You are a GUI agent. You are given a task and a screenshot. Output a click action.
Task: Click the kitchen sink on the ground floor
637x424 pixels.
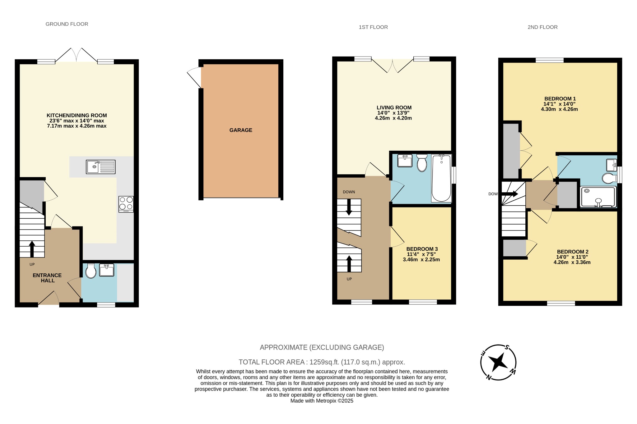click(100, 167)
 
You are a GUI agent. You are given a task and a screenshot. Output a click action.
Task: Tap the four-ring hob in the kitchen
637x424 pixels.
click(126, 204)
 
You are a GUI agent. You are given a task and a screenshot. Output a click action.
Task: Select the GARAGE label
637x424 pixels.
click(241, 130)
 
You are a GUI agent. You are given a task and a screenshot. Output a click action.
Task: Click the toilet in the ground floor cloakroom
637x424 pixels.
click(91, 271)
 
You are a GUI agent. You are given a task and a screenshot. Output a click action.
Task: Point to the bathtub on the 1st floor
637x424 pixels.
click(441, 178)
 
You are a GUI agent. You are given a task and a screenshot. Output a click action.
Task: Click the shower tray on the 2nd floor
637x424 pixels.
click(598, 197)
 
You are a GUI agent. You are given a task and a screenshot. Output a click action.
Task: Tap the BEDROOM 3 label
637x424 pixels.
click(422, 249)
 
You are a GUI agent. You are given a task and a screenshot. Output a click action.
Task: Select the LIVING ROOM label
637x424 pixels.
click(394, 107)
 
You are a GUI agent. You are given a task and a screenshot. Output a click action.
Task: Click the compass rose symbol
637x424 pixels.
click(498, 362)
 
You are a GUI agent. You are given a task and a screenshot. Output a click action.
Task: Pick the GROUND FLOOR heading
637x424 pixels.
click(67, 24)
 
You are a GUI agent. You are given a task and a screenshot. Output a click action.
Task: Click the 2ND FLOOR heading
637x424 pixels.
click(542, 27)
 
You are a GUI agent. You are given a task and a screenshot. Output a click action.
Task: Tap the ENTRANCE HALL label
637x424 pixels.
click(47, 278)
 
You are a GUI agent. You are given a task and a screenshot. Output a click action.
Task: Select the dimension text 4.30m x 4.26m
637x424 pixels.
click(559, 109)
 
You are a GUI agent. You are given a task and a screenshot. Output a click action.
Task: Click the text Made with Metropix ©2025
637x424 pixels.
click(322, 401)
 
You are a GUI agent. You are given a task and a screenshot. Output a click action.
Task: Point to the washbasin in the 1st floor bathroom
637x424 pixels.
click(405, 161)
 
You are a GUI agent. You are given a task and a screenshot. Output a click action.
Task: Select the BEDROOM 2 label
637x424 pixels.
click(572, 252)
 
